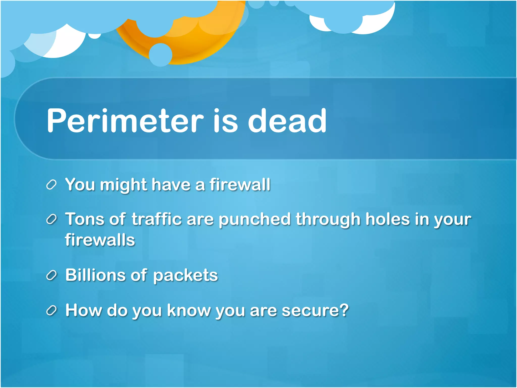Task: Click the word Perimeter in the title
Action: tap(125, 120)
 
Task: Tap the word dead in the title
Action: tap(287, 120)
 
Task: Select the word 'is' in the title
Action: tap(225, 120)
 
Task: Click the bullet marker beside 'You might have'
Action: tap(51, 185)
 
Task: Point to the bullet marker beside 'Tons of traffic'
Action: tap(51, 220)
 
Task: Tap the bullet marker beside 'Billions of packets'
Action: tap(51, 276)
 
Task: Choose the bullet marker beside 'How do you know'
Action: tap(51, 311)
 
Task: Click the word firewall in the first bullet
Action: tap(240, 184)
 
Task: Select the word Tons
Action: tap(85, 219)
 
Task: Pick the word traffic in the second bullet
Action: tap(157, 219)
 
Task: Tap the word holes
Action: tap(387, 219)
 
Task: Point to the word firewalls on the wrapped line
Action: tap(100, 240)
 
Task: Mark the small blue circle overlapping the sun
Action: tap(161, 55)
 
